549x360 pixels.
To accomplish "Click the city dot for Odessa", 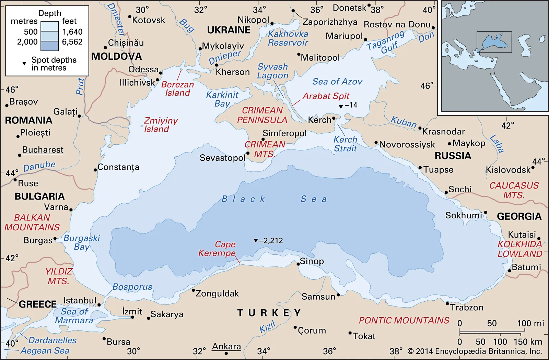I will coord(161,73).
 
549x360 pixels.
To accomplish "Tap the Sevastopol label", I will coord(222,158).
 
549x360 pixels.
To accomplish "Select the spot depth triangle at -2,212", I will coord(256,241).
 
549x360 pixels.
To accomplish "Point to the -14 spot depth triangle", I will coord(341,107).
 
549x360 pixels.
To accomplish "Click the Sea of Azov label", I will coord(337,82).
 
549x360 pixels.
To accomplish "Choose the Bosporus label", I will coord(132,287).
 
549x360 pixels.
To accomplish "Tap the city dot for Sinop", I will coord(298,264).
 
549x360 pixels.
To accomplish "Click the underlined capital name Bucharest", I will coord(43,150).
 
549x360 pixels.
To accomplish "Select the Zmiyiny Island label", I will coord(160,125).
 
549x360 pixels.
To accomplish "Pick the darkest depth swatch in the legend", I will coord(49,46).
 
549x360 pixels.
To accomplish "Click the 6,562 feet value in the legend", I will coord(72,42).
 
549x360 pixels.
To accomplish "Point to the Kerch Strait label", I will coord(345,144).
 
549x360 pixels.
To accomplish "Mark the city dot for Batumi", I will coord(510,271).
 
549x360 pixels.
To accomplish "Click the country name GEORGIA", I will coord(519,216).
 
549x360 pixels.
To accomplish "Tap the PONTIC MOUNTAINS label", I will coord(404,320).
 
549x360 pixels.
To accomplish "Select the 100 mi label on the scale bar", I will coord(530,323).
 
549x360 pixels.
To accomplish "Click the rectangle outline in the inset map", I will coord(494,42).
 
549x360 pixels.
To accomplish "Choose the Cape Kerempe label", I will coord(217,249).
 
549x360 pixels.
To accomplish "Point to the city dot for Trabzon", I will coord(447,303).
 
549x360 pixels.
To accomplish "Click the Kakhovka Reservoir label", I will coord(288,38).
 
